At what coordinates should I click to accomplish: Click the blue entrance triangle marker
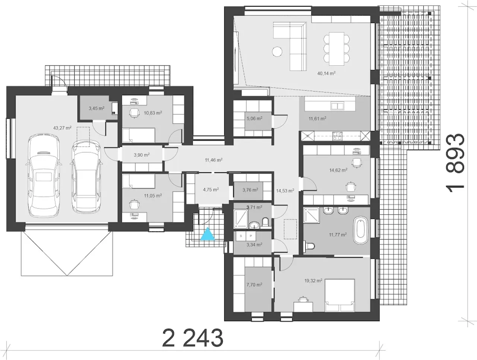[x=208, y=234]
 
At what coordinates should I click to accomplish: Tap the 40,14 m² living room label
[x=326, y=73]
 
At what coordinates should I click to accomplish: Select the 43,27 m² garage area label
[x=62, y=128]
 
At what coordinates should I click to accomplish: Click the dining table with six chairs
[x=337, y=49]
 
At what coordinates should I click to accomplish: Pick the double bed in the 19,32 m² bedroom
[x=339, y=295]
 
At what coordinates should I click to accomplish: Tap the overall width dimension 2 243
[x=193, y=338]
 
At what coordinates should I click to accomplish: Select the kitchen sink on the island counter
[x=337, y=106]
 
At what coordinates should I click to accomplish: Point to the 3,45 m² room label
[x=97, y=108]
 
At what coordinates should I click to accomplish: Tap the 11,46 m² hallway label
[x=214, y=160]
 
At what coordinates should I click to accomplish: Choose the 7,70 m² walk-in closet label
[x=254, y=284]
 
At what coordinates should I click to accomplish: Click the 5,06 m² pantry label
[x=255, y=119]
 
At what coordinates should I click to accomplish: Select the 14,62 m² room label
[x=338, y=170]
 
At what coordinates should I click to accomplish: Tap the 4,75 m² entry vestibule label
[x=211, y=190]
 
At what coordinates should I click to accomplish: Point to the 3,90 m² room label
[x=142, y=155]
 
